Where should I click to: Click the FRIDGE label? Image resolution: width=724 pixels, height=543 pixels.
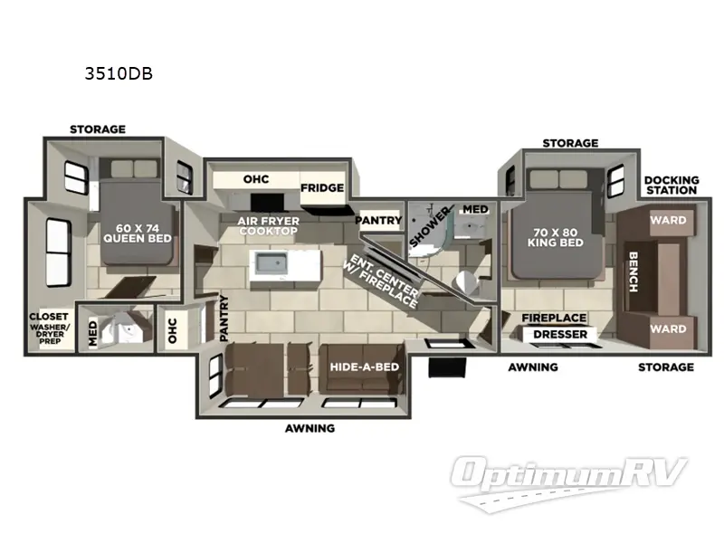tap(322, 187)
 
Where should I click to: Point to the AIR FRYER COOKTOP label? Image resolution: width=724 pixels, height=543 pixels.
tap(267, 225)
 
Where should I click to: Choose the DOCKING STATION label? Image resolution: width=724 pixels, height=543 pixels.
tap(671, 185)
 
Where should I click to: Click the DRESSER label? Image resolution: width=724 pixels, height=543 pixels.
tap(560, 335)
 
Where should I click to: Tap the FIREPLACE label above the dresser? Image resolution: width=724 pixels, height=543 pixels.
tap(554, 318)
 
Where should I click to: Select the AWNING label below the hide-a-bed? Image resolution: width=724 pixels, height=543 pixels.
tap(310, 428)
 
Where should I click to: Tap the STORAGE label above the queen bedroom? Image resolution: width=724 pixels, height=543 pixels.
tap(98, 129)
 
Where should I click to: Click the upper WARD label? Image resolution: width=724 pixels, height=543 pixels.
tap(668, 220)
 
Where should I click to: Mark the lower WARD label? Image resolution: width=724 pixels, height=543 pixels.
tap(668, 329)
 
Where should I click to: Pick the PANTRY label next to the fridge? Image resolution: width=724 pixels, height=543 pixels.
tap(377, 220)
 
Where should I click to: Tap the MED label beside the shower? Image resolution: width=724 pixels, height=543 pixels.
tap(475, 209)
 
